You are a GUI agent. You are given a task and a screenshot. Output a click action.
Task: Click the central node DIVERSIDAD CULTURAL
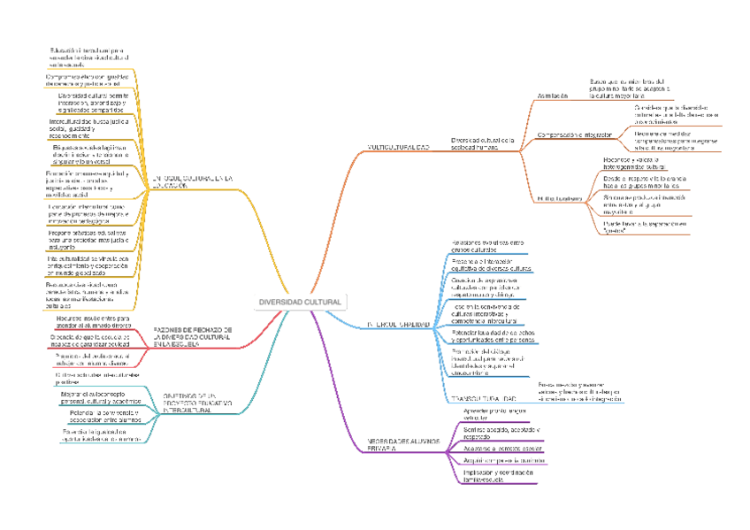click(299, 303)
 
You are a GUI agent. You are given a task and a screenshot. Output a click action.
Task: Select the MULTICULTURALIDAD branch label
click(397, 148)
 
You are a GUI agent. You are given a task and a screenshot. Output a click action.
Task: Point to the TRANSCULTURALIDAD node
click(484, 397)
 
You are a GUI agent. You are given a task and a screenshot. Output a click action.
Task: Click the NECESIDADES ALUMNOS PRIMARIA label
click(402, 445)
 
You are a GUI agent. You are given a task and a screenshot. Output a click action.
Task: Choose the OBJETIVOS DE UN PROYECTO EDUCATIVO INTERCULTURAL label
click(197, 403)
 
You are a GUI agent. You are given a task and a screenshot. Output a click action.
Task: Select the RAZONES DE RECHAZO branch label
click(193, 336)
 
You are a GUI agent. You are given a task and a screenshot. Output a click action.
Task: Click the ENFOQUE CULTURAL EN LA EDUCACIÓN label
click(193, 181)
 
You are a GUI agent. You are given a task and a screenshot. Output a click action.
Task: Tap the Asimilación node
click(553, 96)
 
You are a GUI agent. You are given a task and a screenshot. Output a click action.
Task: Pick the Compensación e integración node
click(575, 134)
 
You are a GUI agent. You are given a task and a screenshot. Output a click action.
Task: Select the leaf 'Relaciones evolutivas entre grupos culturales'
click(487, 246)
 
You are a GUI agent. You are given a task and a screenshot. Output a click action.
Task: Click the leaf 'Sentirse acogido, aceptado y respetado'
click(501, 433)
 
